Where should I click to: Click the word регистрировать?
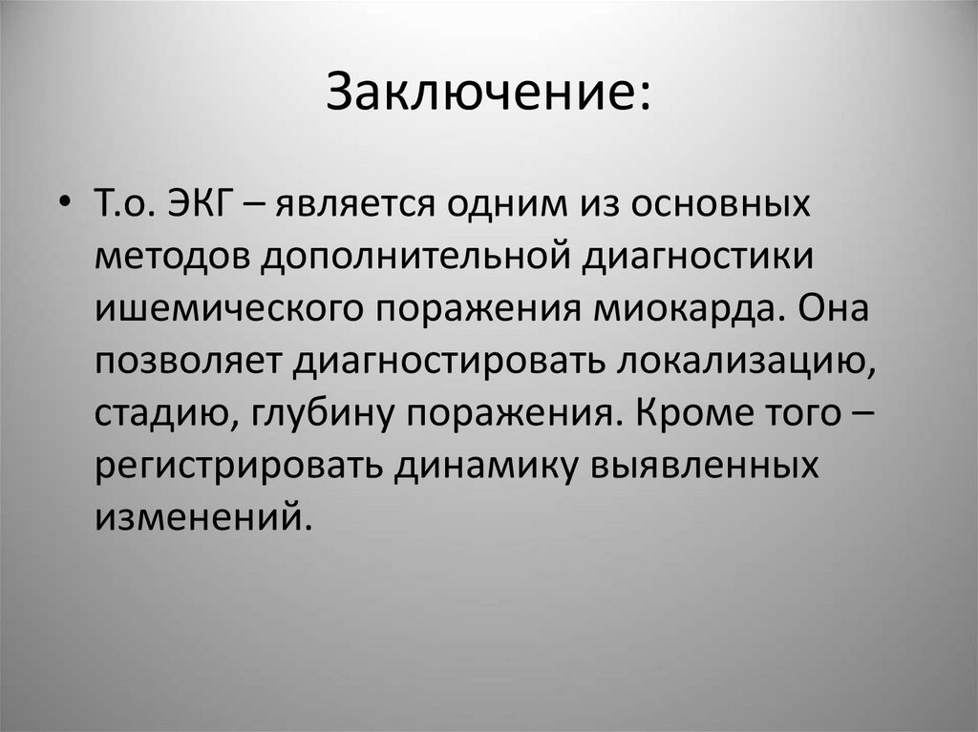coord(240,466)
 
